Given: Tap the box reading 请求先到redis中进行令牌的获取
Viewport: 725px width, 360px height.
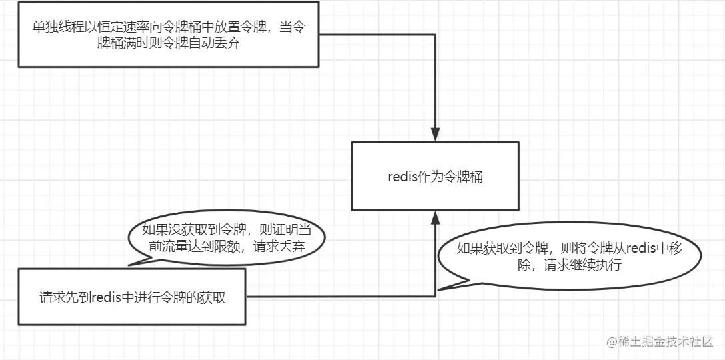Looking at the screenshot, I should coord(132,298).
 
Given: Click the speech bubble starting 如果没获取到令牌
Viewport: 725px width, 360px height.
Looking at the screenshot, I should coord(227,238).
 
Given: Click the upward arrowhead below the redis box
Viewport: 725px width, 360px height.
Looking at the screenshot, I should coord(435,218).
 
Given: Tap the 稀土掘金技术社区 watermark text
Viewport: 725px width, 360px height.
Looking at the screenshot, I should coord(666,341).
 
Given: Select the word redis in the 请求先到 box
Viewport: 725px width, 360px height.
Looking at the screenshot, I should coord(104,298).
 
